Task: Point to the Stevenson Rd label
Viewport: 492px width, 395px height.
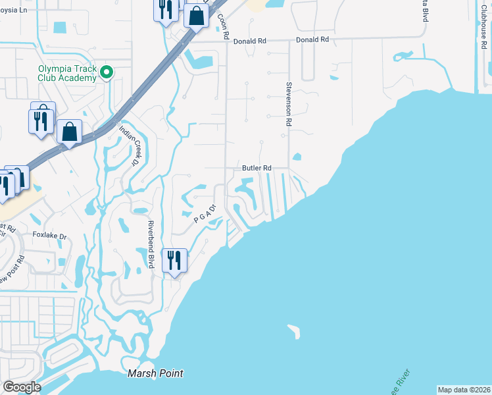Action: coord(288,104)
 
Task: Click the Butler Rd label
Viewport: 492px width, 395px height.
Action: coord(257,169)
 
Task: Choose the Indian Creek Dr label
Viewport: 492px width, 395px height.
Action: coord(130,144)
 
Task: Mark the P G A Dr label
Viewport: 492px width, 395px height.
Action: coord(205,215)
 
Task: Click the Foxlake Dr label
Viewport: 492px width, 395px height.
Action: coord(50,235)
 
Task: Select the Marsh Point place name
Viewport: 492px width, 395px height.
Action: coord(155,373)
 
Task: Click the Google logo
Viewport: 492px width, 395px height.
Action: coord(22,387)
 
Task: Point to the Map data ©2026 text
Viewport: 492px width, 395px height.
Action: coord(464,390)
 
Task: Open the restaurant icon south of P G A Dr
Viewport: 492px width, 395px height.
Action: coord(174,259)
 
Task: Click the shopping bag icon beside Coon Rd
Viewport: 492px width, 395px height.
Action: coord(196,16)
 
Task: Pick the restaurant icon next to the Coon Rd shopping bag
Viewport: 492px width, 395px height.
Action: coord(165,10)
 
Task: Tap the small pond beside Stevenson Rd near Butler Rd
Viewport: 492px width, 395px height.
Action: coord(297,157)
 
